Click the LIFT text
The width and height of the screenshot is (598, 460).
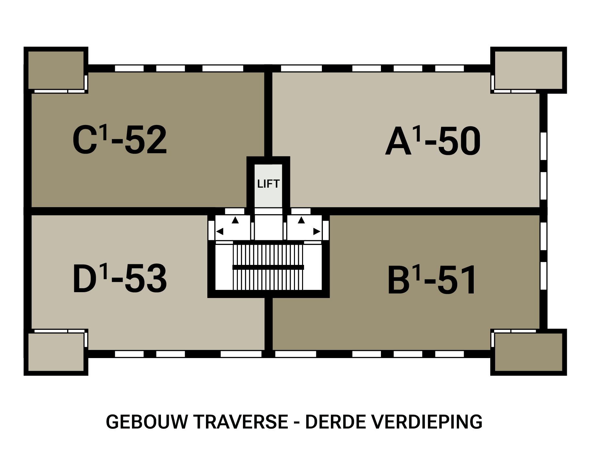point(268,184)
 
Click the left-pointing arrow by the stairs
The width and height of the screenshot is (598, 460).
point(220,231)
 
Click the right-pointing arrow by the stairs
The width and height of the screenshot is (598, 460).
point(317,231)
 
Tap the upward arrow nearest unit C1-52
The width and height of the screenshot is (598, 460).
point(235,220)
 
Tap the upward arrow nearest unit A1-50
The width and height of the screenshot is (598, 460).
point(301,220)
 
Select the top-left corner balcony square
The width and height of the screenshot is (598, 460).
point(56,70)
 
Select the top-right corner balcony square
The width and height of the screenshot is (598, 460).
point(528,70)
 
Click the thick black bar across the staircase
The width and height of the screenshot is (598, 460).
point(268,267)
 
